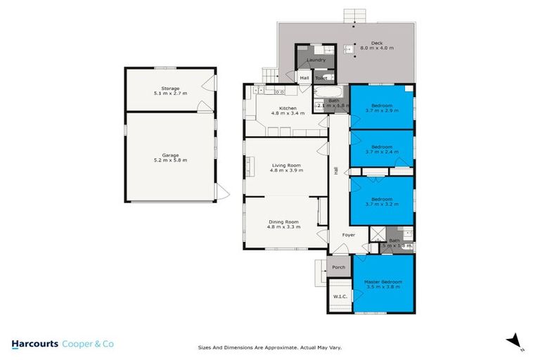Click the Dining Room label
point(285,224)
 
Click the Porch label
point(339,267)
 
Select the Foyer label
point(348,235)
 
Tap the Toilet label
point(321,78)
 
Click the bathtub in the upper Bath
point(328,94)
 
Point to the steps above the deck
point(354,15)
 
